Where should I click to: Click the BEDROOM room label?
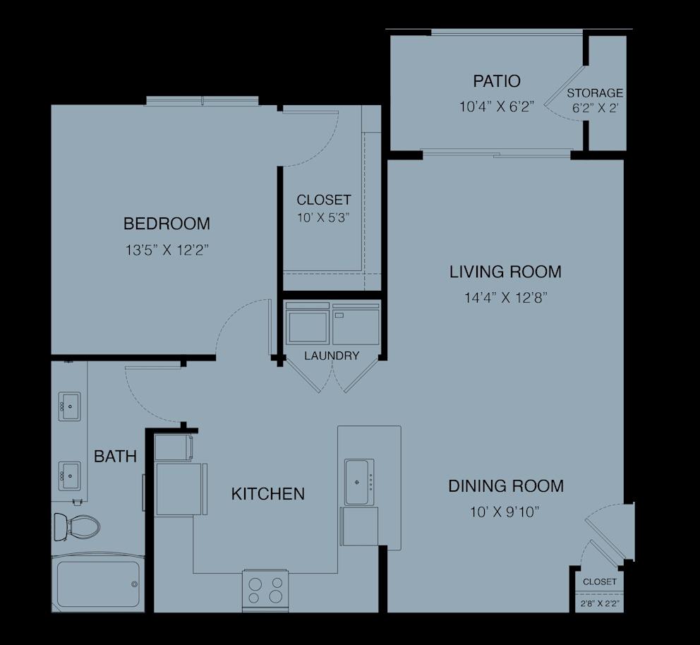pos(167,224)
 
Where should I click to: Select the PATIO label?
pos(497,80)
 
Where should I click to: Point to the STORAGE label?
pos(595,92)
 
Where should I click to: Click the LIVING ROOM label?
pos(505,272)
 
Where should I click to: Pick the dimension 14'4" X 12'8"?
pos(505,297)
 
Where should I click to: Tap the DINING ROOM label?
pos(505,486)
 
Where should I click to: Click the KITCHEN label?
pos(268,494)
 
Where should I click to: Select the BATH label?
pos(115,457)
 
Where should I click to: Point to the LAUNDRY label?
pos(332,356)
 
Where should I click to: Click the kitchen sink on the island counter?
pos(360,481)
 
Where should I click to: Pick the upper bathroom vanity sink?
pos(69,406)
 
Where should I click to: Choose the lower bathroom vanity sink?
pos(69,476)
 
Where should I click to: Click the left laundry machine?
pos(308,324)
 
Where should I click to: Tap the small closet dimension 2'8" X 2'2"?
pos(599,604)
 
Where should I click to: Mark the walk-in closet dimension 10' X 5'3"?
pos(323,217)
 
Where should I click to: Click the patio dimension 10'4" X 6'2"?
pos(497,107)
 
